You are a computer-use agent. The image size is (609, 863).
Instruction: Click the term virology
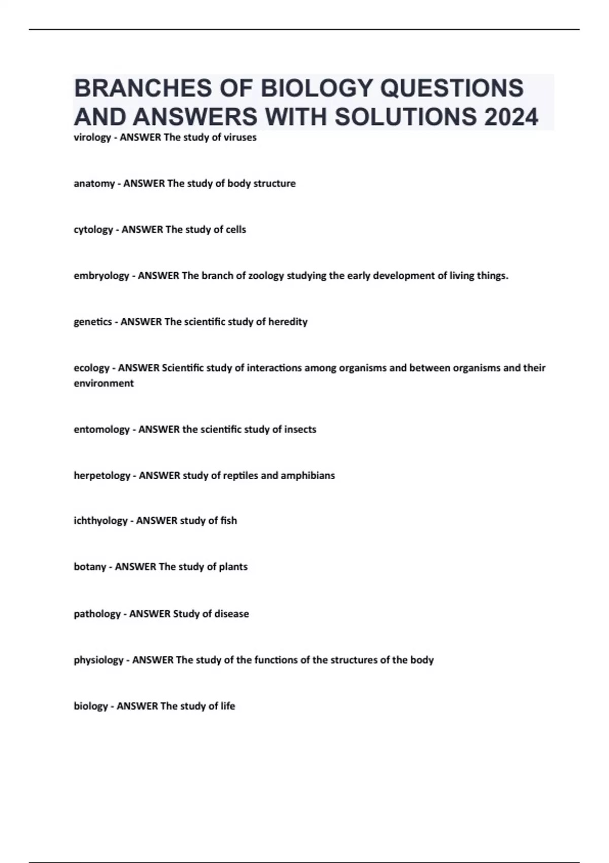coord(92,138)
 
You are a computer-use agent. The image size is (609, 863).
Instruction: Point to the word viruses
coord(240,138)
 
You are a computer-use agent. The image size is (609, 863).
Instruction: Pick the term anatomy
coord(94,184)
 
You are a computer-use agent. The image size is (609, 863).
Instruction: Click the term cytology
coord(93,230)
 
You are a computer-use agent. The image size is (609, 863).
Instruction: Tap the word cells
coord(235,229)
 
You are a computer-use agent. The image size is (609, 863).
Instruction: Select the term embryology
coord(101,276)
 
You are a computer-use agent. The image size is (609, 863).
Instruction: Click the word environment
coord(104,383)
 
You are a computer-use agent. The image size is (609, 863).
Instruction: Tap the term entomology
coord(101,429)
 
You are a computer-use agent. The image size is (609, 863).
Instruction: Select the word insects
coord(300,429)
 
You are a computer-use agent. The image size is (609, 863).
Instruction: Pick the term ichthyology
coord(100,521)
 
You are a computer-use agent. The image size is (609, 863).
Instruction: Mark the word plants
coord(233,567)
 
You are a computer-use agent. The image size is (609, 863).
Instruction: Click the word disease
coord(231,614)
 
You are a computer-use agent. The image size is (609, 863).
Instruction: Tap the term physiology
coord(98,660)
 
